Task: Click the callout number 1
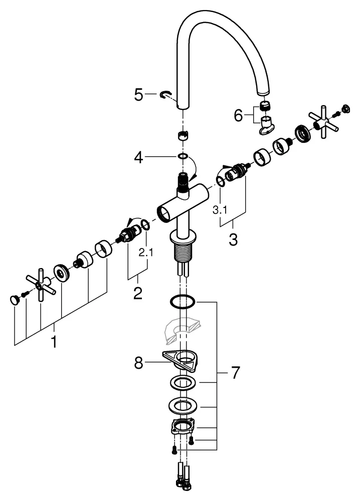point(54,343)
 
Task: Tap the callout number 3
point(233,238)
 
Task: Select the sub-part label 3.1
point(220,210)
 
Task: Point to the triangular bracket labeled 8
point(181,359)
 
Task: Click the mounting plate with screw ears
point(184,427)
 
